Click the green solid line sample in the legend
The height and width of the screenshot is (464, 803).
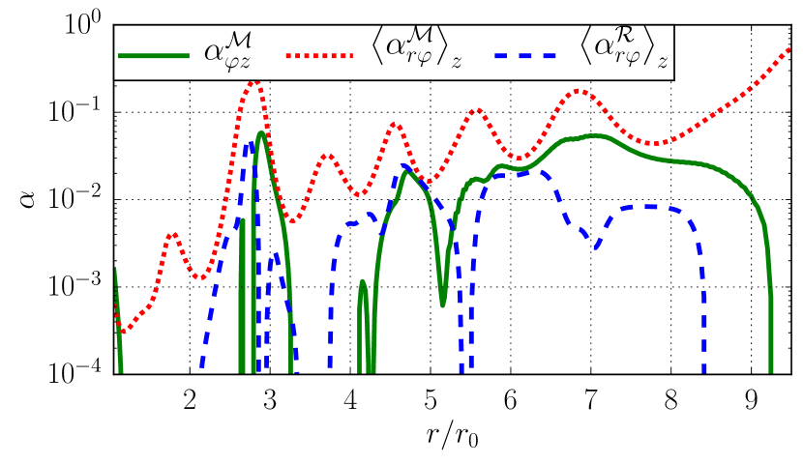[x=153, y=56]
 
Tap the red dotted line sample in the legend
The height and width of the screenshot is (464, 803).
[x=320, y=56]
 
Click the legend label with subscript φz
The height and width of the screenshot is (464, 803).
[x=228, y=52]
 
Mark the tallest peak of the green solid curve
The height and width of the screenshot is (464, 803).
[x=260, y=133]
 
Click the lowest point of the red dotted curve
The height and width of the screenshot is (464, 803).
[x=121, y=333]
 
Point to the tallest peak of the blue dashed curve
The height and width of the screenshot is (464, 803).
[x=251, y=145]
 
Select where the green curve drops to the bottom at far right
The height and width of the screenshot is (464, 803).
[x=771, y=368]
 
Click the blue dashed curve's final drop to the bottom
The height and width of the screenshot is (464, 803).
[x=704, y=368]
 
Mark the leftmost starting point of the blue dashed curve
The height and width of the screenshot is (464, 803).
[x=200, y=367]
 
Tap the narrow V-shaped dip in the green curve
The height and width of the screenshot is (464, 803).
[x=442, y=304]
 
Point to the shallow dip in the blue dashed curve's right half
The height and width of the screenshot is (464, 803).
[x=596, y=247]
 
